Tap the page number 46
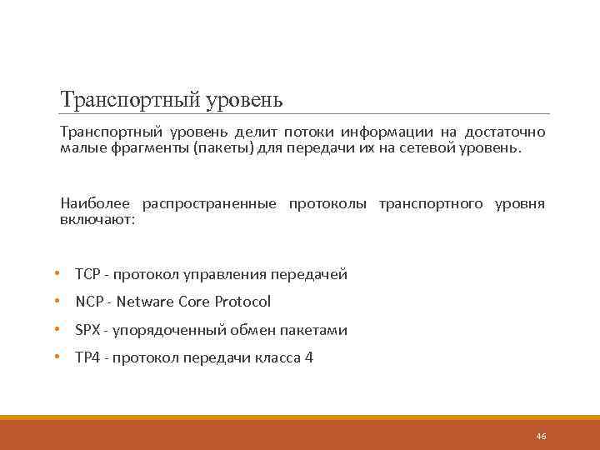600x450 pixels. (541, 437)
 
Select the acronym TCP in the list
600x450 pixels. (87, 274)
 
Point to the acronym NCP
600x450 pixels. (87, 302)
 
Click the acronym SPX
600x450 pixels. (87, 330)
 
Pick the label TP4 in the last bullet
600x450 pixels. (87, 358)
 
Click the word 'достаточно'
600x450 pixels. (505, 132)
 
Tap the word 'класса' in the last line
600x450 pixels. (277, 358)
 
